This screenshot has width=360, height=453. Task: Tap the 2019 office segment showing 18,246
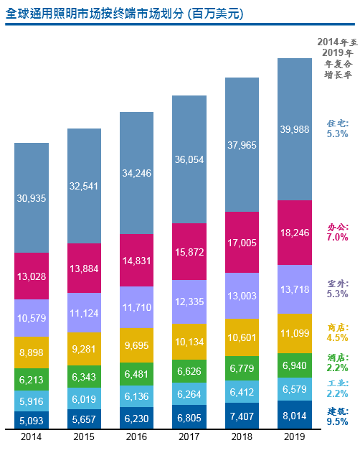coord(295,233)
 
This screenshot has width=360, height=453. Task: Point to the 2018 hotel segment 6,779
coord(242,369)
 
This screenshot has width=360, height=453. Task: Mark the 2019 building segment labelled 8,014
coord(295,414)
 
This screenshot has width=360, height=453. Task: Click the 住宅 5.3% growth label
coord(337,128)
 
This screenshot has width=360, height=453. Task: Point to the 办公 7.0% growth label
coord(337,231)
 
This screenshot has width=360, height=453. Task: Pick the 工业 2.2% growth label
coord(337,388)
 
